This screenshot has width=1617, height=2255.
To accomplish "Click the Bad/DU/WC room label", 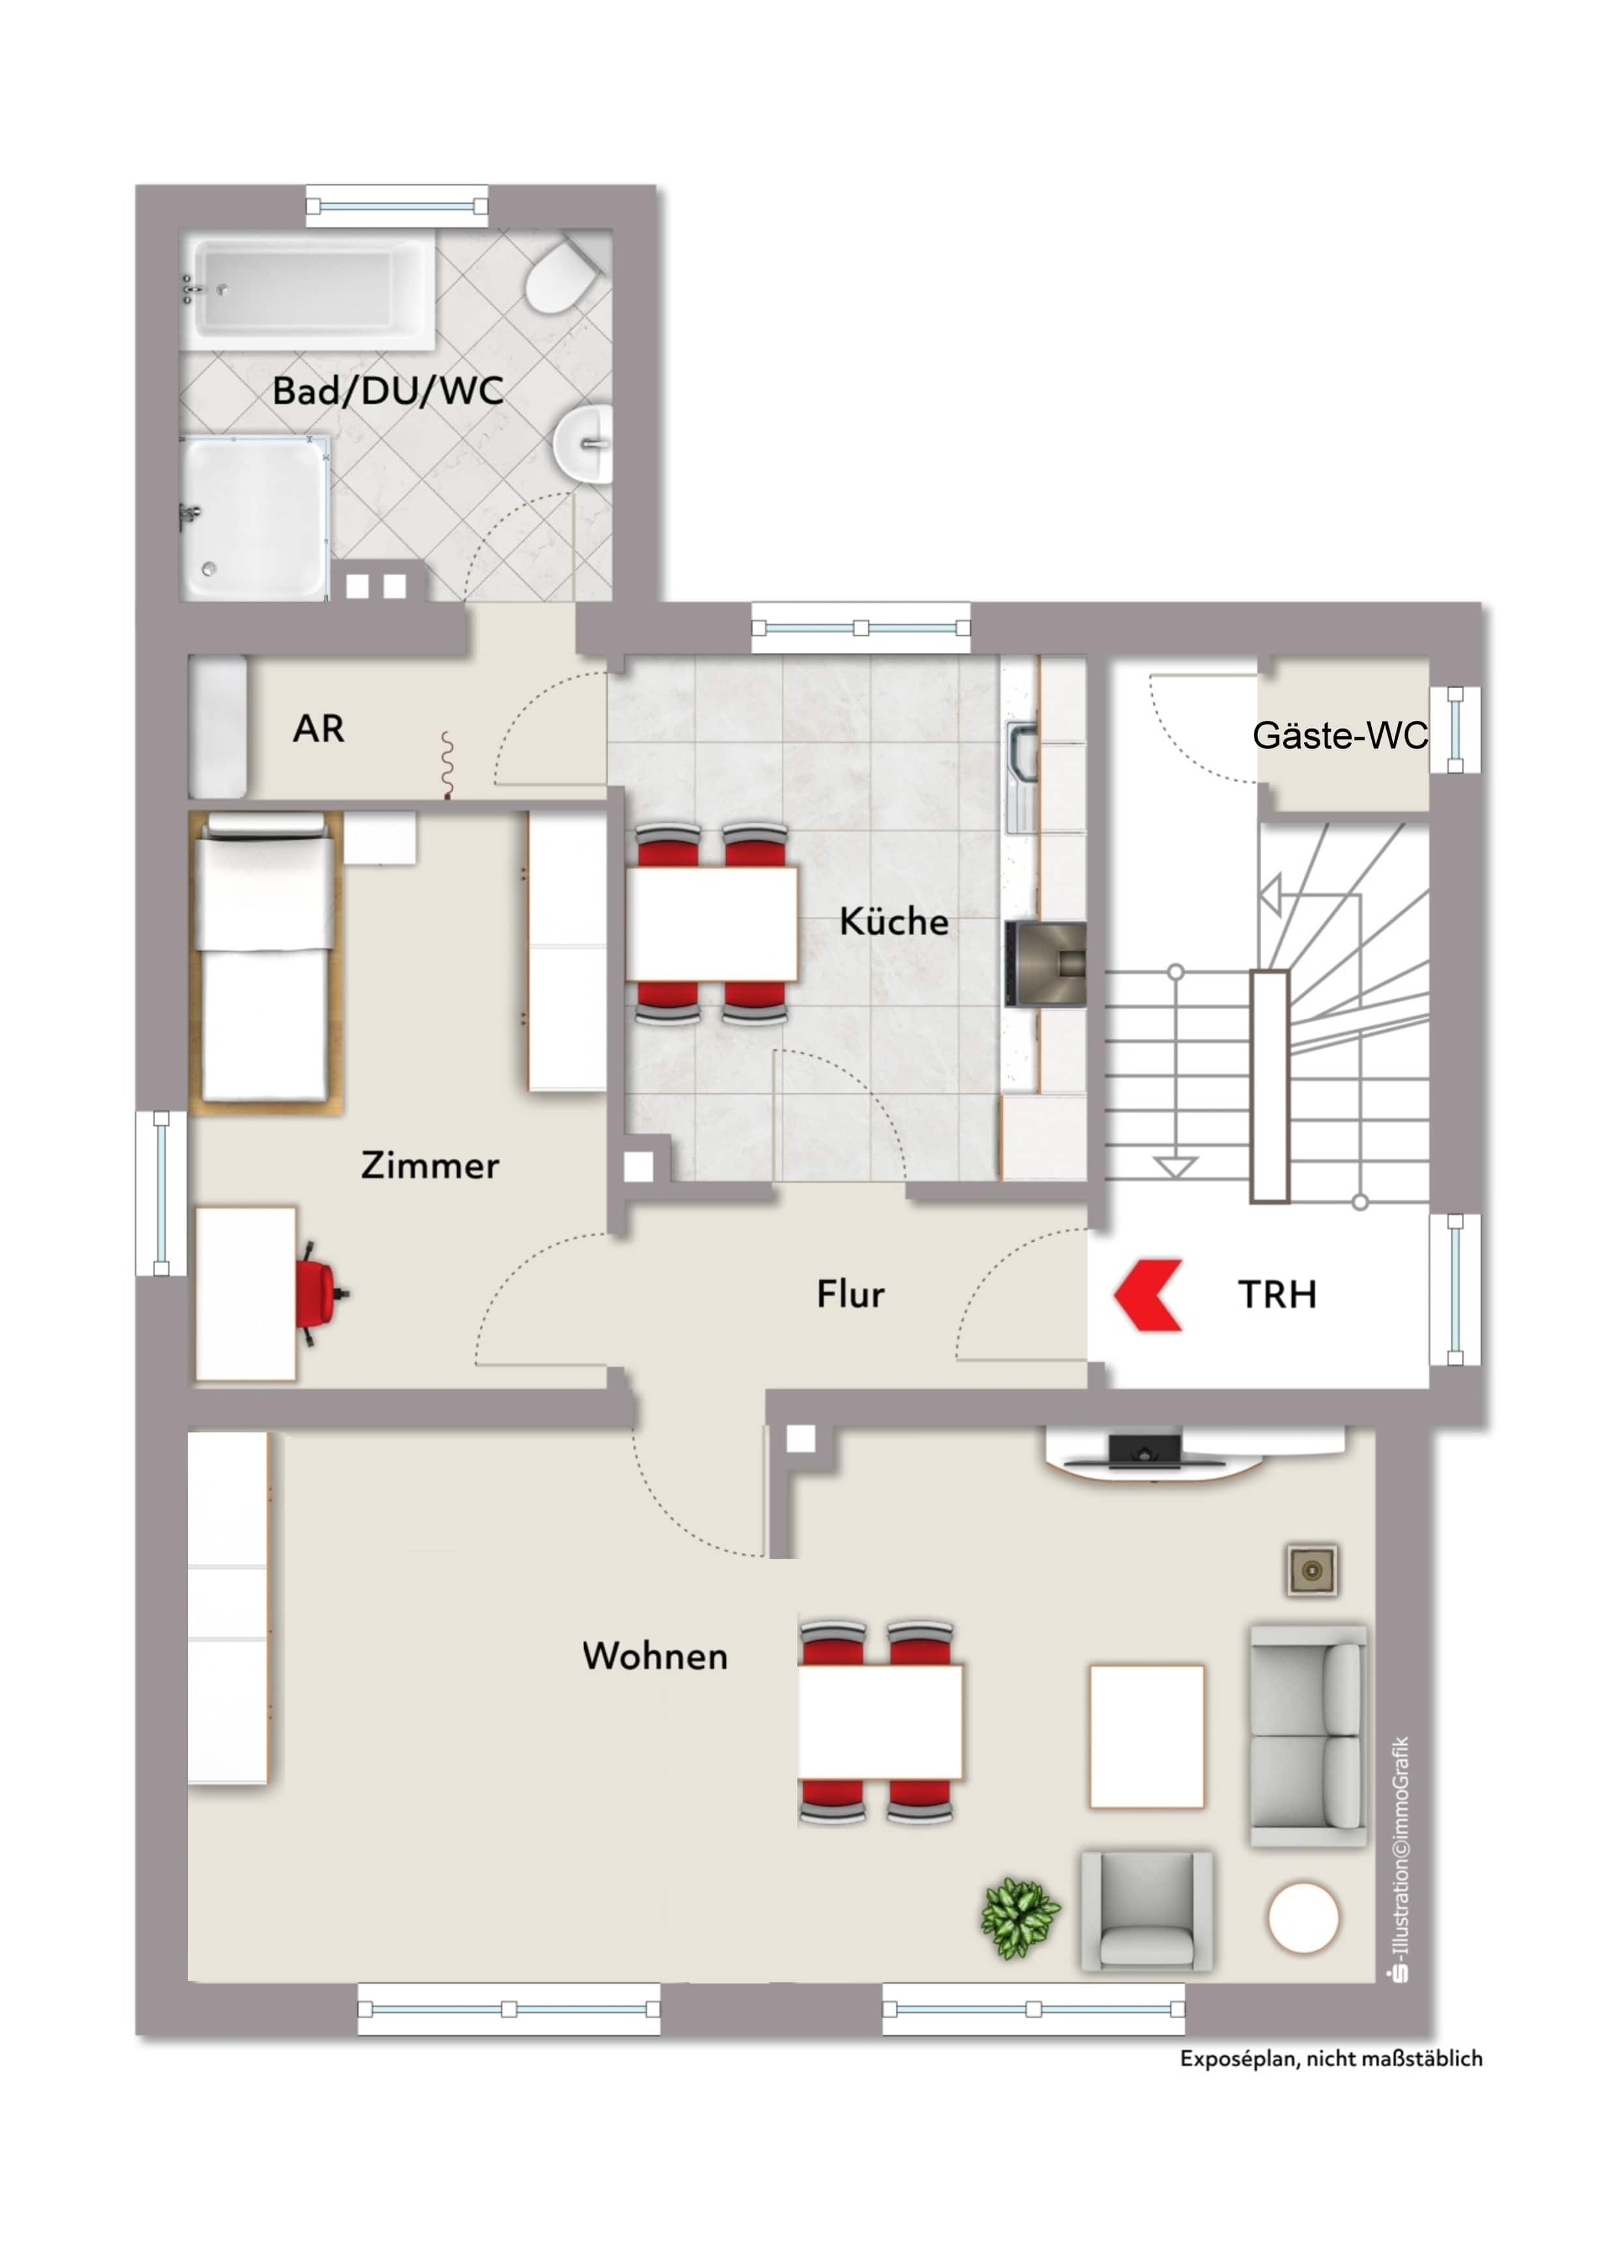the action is point(387,391).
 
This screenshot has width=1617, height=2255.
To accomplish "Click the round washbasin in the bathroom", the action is point(584,444).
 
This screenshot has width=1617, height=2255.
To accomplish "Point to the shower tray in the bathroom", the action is point(256,518).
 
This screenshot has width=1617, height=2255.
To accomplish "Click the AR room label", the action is point(318,729).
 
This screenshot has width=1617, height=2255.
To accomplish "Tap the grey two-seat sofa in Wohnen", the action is point(1308,1736).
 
